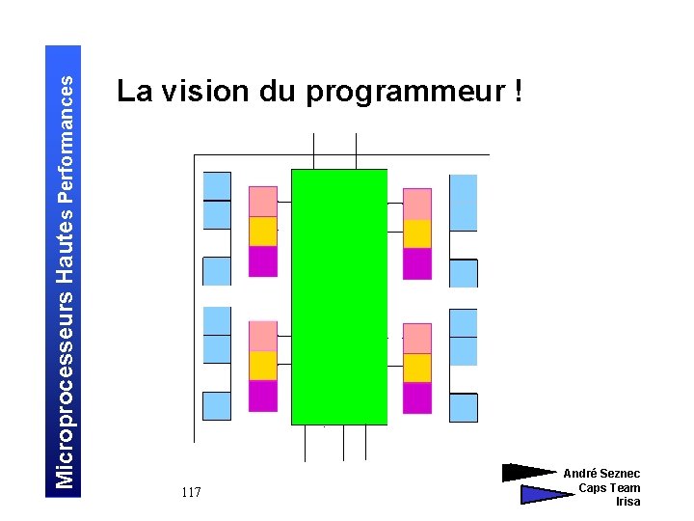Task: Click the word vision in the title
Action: (205, 92)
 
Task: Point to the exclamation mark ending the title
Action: (520, 92)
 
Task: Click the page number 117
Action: (191, 493)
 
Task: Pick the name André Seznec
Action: (601, 474)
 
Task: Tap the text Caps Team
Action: (609, 488)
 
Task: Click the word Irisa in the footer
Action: (627, 502)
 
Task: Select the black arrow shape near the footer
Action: (528, 473)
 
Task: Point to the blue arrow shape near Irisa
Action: (545, 495)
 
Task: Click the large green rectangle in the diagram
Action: (339, 296)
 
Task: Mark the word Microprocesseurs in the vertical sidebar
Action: (65, 386)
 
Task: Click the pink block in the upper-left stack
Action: (263, 202)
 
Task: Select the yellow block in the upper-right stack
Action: (417, 233)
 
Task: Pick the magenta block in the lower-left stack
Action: (263, 396)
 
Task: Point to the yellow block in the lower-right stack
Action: (417, 368)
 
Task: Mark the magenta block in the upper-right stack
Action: (417, 263)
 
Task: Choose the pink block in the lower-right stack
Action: (417, 338)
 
